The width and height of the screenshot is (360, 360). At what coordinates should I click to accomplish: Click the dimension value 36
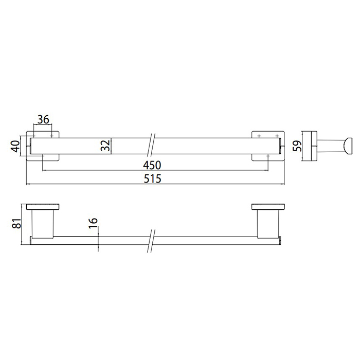43,119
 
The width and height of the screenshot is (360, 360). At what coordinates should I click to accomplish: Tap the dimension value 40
15,146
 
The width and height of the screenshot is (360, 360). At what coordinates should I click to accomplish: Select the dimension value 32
105,146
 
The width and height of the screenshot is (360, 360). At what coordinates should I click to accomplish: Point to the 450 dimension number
152,165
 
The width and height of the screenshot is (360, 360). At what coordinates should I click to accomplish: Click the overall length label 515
152,178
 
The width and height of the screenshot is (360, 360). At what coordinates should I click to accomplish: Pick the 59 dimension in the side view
298,146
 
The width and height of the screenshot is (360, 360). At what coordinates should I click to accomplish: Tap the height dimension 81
17,223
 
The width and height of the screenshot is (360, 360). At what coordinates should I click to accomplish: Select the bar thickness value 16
93,223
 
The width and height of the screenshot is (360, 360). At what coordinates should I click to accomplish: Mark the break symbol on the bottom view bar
151,241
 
